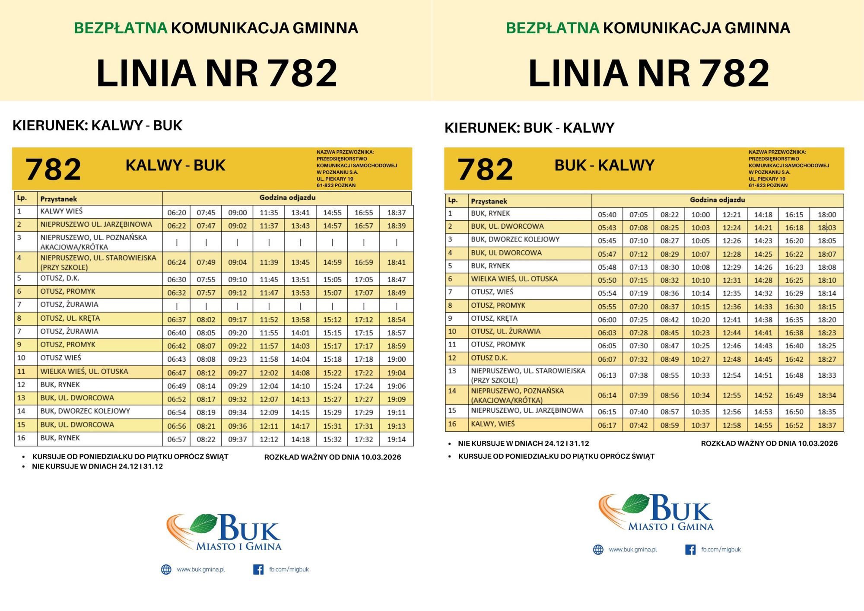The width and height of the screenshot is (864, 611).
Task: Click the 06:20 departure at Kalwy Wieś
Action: coord(177,213)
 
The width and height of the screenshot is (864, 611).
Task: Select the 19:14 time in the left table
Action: coord(396,439)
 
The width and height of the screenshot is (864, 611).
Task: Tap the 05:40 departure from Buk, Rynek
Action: coord(607,215)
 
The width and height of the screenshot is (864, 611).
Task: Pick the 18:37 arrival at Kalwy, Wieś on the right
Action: coord(826,425)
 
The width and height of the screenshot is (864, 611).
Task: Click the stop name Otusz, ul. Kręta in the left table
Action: coord(70,318)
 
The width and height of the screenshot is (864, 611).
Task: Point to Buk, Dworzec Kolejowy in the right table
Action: coord(515,239)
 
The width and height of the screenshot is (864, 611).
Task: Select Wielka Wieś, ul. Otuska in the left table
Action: coord(84,372)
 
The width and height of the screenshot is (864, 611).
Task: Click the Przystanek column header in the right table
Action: coord(489,201)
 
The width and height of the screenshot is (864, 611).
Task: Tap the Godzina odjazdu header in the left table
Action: coord(287,197)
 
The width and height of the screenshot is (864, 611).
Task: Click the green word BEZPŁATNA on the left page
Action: coord(121,28)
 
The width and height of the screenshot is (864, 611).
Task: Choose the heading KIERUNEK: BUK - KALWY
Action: coord(529,128)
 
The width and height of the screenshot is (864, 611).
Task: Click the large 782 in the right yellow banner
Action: coord(485,169)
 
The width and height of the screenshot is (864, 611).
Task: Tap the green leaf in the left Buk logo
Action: coord(203,523)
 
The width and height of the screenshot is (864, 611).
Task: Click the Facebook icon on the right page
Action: coord(690,550)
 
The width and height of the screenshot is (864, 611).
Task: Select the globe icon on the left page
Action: coord(166,570)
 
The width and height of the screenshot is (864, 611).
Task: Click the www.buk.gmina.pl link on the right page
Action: coord(632,550)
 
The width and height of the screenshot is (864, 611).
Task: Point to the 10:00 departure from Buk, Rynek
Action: coord(700,215)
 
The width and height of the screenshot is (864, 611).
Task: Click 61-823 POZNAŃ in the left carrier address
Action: coord(336,185)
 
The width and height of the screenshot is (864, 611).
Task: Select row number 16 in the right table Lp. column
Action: coord(452,424)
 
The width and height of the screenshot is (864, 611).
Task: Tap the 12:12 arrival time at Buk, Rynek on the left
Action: coord(269,439)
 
